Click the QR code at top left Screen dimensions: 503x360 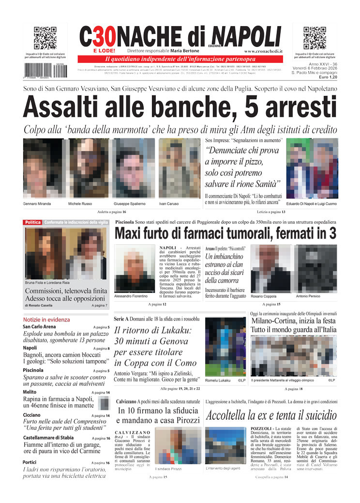pos(45,38)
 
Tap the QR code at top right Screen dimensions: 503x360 pos(315,38)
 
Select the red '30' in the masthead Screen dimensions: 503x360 pos(104,36)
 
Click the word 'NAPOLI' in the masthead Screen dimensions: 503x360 pos(246,36)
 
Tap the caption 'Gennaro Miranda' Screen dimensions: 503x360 pos(37,204)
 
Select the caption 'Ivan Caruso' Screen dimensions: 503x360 pos(169,204)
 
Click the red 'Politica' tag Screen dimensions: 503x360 pos(33,222)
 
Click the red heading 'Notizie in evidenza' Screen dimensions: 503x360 pos(46,320)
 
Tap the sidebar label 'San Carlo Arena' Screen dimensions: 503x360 pos(39,327)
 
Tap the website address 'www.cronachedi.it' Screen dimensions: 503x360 pos(264,51)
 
